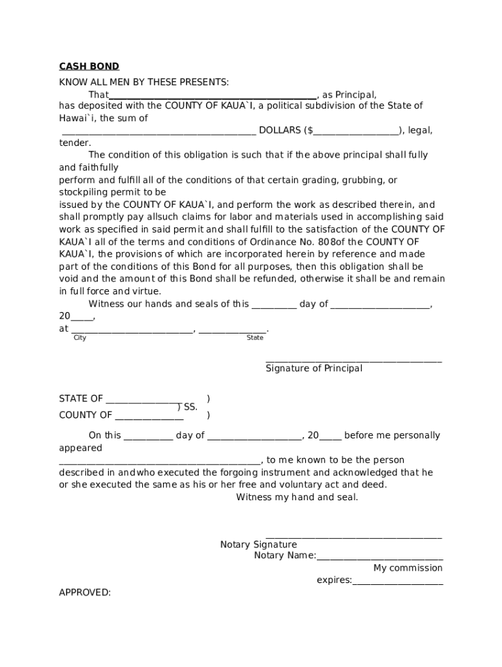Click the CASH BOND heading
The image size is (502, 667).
click(89, 66)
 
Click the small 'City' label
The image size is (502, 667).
click(80, 337)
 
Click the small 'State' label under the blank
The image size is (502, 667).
click(255, 337)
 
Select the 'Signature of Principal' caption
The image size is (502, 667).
click(314, 369)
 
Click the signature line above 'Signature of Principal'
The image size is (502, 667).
click(353, 360)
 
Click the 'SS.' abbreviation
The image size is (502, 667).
click(190, 407)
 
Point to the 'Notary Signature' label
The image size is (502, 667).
click(258, 545)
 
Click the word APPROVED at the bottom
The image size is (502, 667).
click(85, 593)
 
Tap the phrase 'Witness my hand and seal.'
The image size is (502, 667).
click(297, 498)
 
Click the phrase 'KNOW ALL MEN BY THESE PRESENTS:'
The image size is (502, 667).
click(144, 82)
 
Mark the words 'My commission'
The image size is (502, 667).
click(407, 568)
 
